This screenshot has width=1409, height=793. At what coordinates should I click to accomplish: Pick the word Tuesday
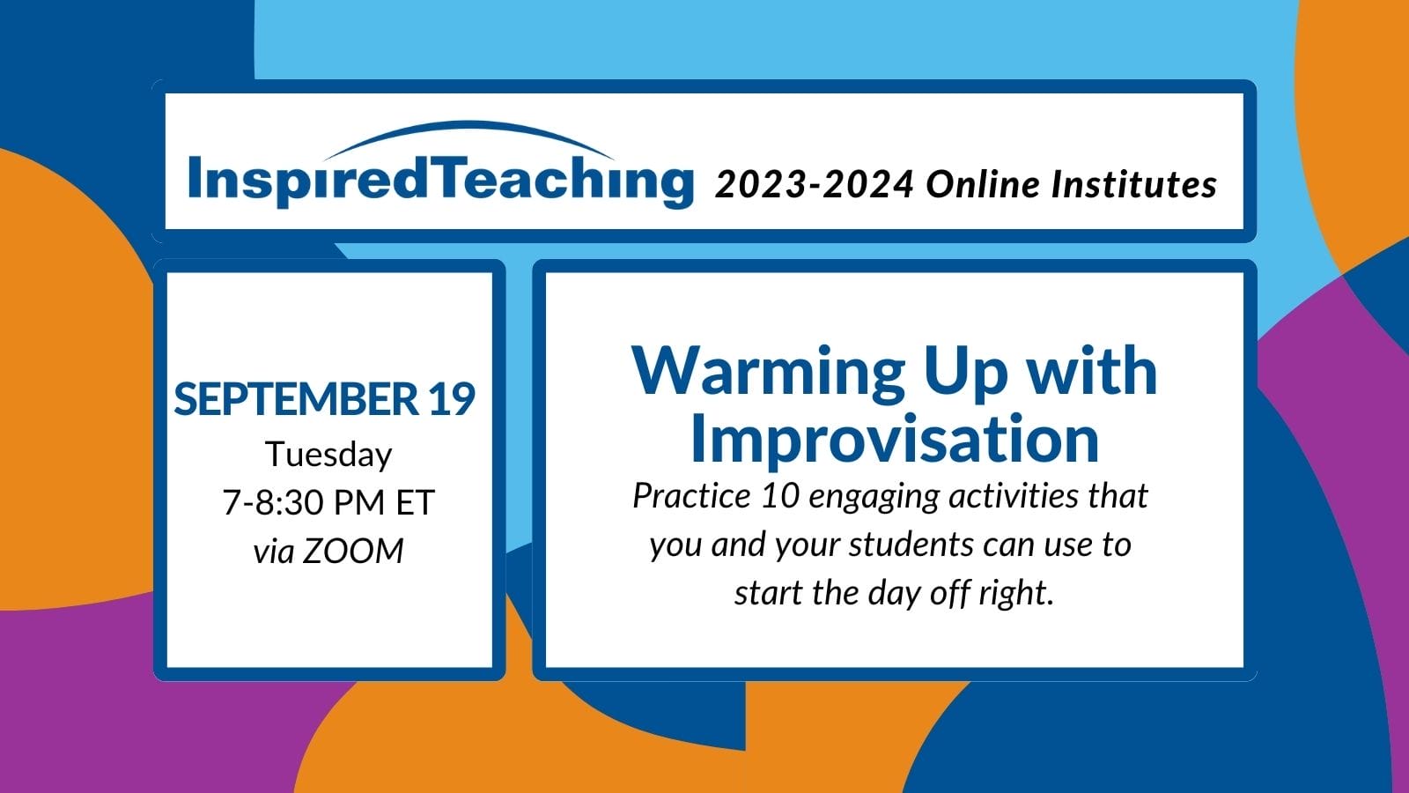(x=328, y=455)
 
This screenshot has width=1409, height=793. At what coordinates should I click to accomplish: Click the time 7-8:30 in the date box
(x=273, y=503)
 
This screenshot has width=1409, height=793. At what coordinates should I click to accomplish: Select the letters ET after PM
(x=416, y=503)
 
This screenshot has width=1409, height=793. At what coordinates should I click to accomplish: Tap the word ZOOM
(x=353, y=552)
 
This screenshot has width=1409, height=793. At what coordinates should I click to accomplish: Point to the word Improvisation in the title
(x=895, y=440)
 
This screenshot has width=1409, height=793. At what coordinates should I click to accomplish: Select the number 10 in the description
(x=779, y=496)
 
